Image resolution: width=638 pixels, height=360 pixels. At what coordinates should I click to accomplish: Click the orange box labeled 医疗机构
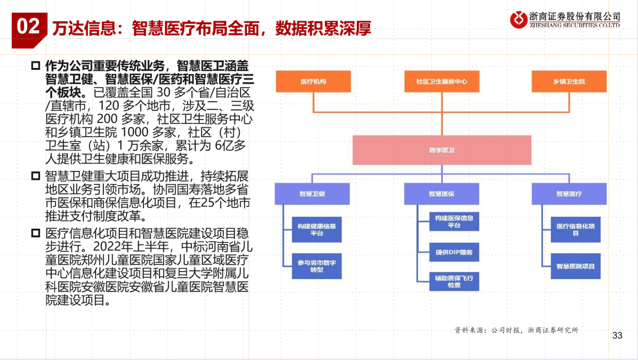coord(313,82)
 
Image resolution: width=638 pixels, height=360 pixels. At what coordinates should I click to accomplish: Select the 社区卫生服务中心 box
coord(441,82)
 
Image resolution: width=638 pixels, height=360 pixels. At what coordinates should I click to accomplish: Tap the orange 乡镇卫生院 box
coord(568,82)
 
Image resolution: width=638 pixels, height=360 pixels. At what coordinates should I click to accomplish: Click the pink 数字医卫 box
coord(441,150)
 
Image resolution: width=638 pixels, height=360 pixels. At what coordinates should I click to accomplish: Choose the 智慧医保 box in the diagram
coord(441,193)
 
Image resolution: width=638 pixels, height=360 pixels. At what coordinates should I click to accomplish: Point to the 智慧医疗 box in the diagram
coord(568,193)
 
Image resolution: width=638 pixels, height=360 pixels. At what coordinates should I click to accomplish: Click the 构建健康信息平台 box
coord(317,230)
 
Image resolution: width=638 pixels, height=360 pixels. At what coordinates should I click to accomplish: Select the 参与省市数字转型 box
coord(317,266)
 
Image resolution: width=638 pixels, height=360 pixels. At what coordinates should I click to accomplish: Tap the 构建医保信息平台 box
coord(454,222)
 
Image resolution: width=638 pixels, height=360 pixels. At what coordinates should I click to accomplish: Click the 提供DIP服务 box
coord(454,252)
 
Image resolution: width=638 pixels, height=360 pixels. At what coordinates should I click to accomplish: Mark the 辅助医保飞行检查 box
coord(454,281)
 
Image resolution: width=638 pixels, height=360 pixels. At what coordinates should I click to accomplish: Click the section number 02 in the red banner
coord(28,27)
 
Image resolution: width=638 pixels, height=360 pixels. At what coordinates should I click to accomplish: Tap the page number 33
coord(617,336)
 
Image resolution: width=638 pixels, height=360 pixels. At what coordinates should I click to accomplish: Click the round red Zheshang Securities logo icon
coord(520,18)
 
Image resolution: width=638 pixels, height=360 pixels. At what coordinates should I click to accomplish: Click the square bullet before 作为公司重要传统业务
coord(35,64)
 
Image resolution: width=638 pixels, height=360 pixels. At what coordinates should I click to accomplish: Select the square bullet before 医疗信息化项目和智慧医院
coord(35,231)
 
